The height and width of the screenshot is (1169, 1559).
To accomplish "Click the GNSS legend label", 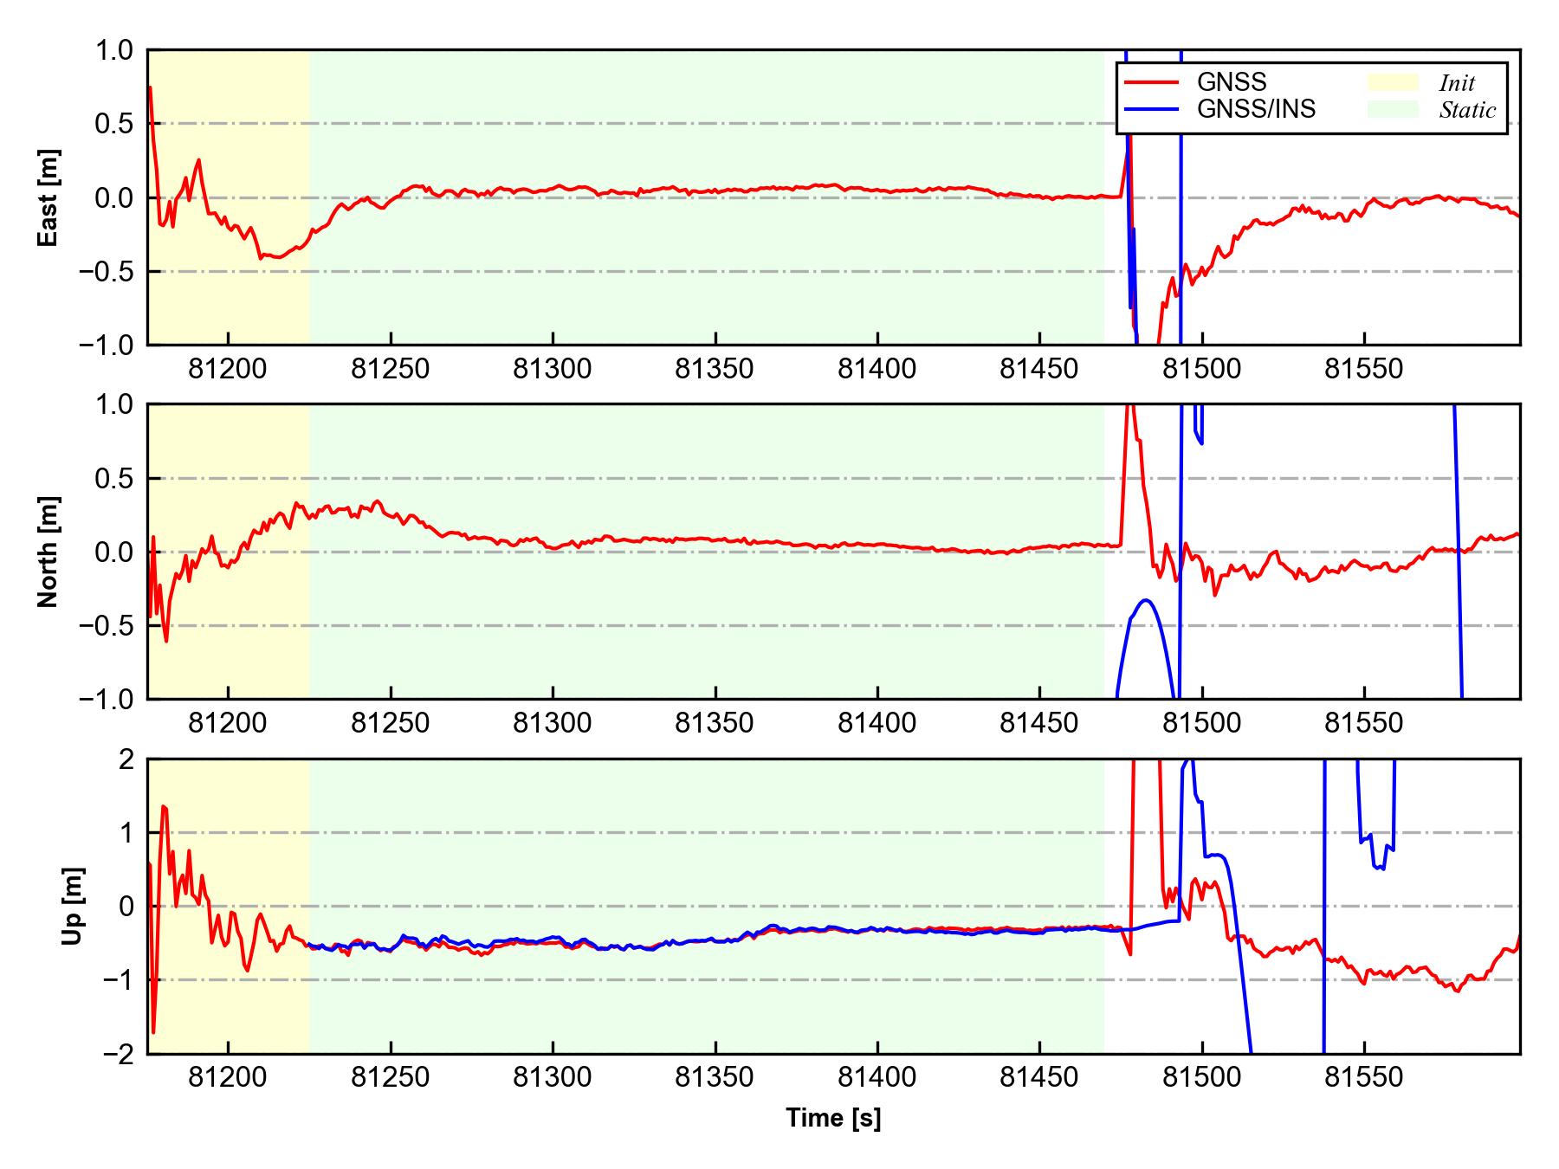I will tap(1231, 82).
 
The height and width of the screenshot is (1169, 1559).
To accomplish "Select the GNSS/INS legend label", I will tap(1256, 109).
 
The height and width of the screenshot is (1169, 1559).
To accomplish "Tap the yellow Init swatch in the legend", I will tap(1393, 82).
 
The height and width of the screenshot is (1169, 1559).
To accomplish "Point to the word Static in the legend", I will tap(1467, 110).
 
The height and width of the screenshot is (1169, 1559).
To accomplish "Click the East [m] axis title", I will tap(49, 197).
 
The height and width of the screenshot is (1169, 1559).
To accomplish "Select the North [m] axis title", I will tap(49, 552).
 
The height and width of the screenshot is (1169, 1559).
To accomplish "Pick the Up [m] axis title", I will tap(73, 906).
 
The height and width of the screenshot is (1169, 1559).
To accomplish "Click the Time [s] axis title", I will tap(833, 1119).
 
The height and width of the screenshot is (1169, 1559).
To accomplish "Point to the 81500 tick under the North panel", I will tap(1201, 723).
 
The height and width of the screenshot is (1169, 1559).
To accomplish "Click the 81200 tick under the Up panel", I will tap(228, 1078).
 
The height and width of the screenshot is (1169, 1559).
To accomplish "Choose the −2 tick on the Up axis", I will tap(119, 1054).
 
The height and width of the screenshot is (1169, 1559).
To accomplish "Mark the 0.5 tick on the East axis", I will tap(114, 124).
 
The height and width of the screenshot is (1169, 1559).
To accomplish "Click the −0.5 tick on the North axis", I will tap(106, 625).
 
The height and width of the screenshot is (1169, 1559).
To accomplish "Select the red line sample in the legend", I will tap(1151, 82).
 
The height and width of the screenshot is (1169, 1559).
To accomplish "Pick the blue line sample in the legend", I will tap(1151, 109).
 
